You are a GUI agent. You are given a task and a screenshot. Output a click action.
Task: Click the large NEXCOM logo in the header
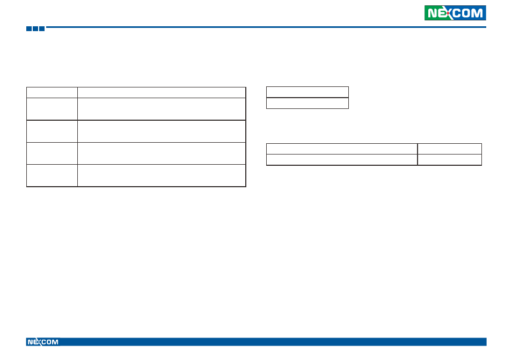click(x=455, y=13)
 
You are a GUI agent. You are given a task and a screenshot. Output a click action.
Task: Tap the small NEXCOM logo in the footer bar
click(x=43, y=342)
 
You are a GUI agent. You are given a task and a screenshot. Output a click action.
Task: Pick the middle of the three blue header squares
click(x=35, y=28)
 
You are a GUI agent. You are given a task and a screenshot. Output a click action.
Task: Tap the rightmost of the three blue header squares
click(x=42, y=28)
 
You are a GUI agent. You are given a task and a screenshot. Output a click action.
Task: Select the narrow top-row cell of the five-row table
click(x=52, y=92)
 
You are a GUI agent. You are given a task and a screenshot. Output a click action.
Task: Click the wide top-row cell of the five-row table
click(x=162, y=92)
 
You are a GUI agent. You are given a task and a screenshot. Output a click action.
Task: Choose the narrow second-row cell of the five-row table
click(x=52, y=109)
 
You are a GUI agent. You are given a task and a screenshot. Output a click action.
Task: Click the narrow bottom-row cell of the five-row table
click(x=52, y=175)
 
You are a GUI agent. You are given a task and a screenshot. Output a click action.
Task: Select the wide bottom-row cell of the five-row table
click(x=162, y=175)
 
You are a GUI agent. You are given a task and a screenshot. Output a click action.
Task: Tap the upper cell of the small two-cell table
click(x=308, y=92)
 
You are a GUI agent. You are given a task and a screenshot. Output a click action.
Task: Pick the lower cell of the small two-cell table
click(x=308, y=103)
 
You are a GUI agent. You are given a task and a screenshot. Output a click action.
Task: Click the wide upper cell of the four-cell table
click(x=342, y=149)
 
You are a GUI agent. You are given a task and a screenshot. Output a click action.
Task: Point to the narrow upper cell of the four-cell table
click(x=450, y=149)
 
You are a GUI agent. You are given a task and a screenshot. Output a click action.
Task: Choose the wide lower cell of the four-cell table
click(x=342, y=160)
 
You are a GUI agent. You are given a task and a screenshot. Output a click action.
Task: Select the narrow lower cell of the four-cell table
click(x=450, y=160)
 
